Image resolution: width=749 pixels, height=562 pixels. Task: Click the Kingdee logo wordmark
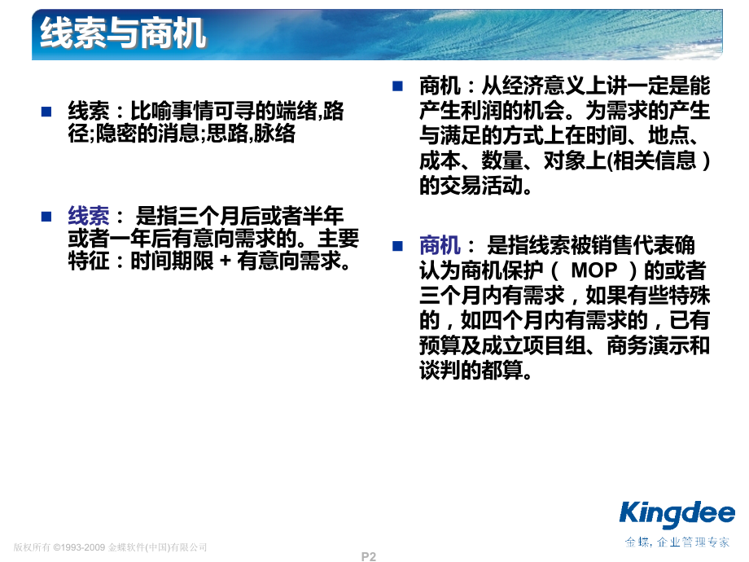(x=677, y=514)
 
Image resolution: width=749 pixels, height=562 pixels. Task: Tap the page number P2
(x=369, y=556)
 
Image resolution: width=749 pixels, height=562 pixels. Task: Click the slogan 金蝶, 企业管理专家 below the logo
(x=677, y=542)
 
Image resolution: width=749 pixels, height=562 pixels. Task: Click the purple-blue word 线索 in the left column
(x=88, y=216)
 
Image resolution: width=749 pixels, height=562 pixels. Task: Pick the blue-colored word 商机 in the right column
(x=440, y=245)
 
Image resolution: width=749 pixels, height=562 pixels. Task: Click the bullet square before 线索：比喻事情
(x=46, y=112)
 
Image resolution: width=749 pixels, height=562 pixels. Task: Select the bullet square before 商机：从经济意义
(x=397, y=85)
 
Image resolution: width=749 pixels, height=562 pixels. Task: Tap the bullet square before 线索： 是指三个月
(x=46, y=216)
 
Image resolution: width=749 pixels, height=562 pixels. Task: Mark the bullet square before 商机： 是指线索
(x=397, y=245)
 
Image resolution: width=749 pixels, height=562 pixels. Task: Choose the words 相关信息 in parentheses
(x=649, y=160)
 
